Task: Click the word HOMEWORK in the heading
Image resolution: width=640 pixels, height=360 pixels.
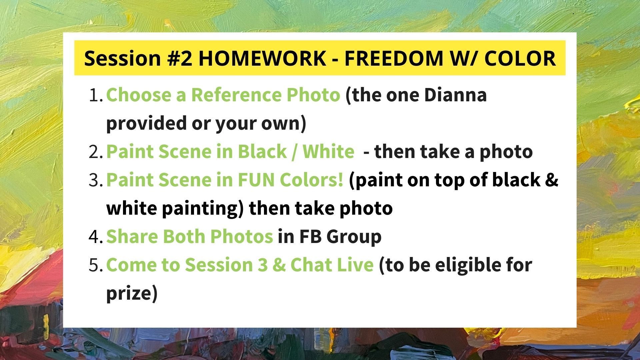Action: coord(262,58)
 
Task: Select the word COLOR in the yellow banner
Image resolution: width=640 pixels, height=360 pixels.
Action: coord(520,58)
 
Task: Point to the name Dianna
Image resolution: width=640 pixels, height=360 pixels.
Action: coord(455,95)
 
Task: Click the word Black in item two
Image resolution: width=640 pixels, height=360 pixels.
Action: coord(262,152)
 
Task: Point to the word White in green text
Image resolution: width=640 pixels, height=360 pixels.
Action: coord(328,152)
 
